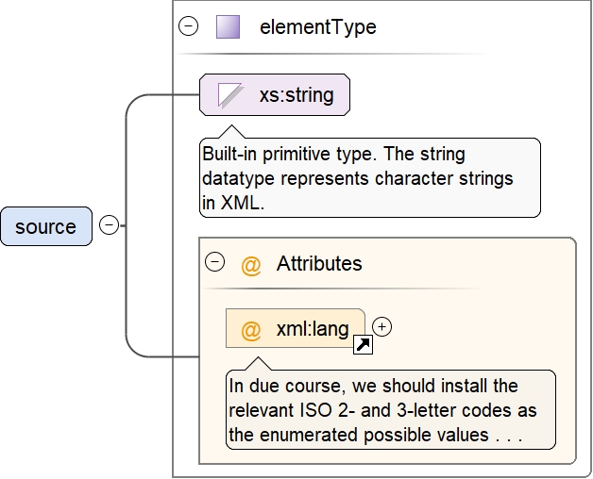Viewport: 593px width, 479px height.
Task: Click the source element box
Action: tap(46, 226)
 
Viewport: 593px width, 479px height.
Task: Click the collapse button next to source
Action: tap(109, 226)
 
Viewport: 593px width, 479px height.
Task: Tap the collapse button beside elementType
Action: tap(189, 26)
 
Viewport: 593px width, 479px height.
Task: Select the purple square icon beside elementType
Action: tap(228, 26)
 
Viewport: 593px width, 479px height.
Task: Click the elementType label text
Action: tap(317, 27)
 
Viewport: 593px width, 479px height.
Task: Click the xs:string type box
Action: tap(274, 94)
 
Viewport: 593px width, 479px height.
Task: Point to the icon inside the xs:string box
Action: tap(230, 94)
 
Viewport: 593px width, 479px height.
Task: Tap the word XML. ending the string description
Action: tap(242, 202)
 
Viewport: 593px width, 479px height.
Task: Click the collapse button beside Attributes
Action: tap(214, 263)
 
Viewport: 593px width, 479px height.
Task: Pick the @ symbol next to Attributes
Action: tap(250, 265)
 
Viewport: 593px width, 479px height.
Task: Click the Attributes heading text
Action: tap(318, 264)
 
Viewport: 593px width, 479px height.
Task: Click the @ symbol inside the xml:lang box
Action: tap(250, 330)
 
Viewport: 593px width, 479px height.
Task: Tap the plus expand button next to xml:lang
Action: tap(381, 326)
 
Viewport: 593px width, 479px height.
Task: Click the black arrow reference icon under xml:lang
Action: tap(362, 346)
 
